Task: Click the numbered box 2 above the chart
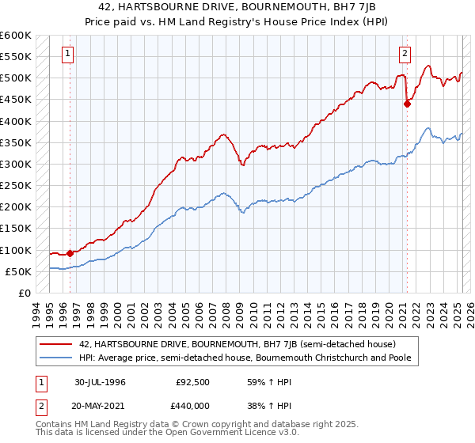tap(405, 54)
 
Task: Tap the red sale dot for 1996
tap(70, 253)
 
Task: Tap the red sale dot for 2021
tap(407, 103)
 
